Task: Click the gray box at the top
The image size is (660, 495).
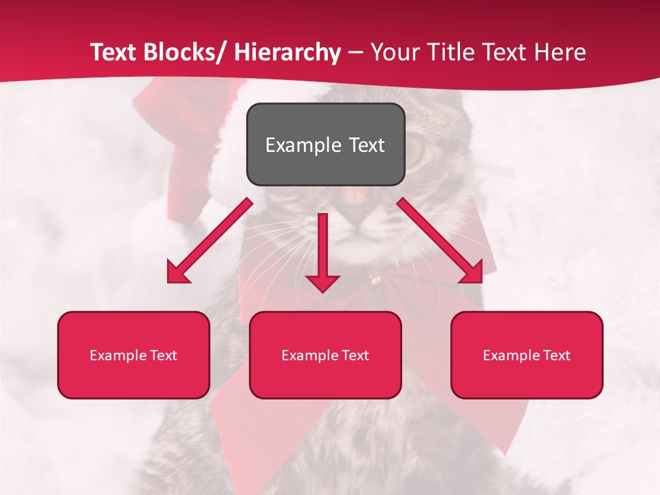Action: pyautogui.click(x=325, y=144)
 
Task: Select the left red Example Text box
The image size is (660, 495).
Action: pyautogui.click(x=133, y=355)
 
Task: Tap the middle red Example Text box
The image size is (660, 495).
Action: pyautogui.click(x=325, y=355)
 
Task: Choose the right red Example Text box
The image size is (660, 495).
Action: pyautogui.click(x=527, y=355)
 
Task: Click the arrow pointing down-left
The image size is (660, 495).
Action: pyautogui.click(x=210, y=241)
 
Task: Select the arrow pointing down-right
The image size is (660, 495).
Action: pyautogui.click(x=440, y=241)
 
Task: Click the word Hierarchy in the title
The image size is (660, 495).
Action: pyautogui.click(x=287, y=52)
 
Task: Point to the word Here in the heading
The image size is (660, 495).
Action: pyautogui.click(x=561, y=52)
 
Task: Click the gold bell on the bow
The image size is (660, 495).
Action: pyautogui.click(x=375, y=278)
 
